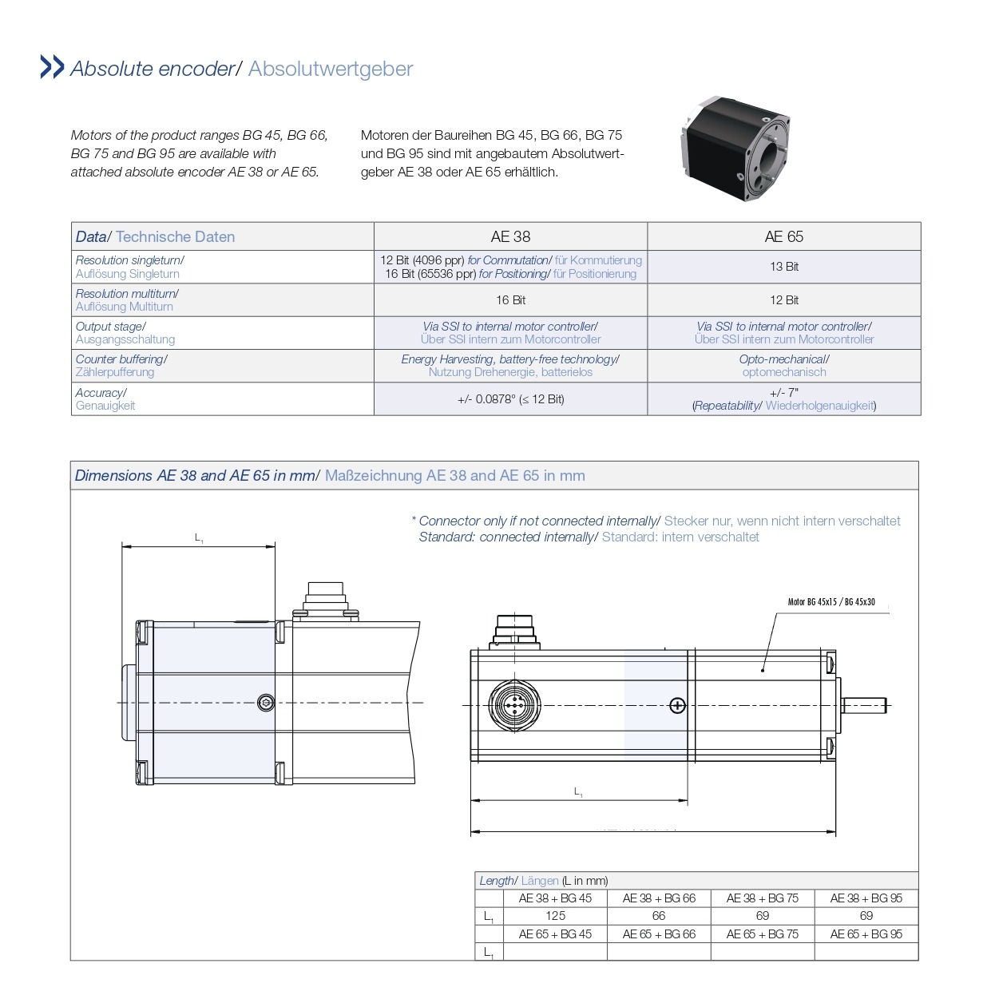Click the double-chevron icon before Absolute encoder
point(52,67)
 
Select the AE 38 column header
point(510,236)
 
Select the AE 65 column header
point(783,236)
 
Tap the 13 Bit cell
point(783,267)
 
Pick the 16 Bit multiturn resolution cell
point(510,300)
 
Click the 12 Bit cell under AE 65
point(783,300)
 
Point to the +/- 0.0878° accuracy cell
point(510,399)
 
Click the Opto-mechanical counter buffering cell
point(783,366)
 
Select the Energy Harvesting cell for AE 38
point(510,366)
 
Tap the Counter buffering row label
point(121,366)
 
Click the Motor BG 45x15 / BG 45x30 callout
point(831,602)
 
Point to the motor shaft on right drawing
point(865,704)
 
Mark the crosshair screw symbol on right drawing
point(677,705)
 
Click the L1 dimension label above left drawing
point(199,538)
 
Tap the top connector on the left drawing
point(325,600)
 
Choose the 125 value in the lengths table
point(555,916)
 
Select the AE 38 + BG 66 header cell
point(659,898)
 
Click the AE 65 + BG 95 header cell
point(866,934)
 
